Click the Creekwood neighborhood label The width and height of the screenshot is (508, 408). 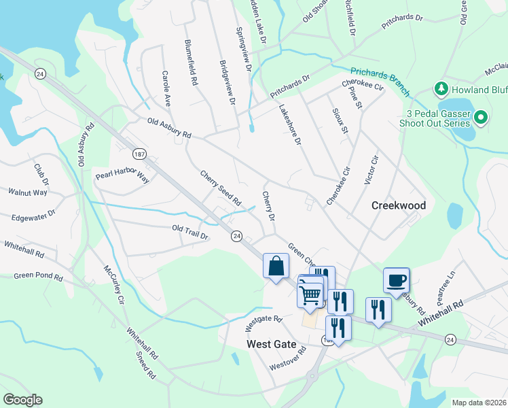point(399,205)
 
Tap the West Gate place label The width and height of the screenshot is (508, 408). point(272,344)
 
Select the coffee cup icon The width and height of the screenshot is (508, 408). point(396,279)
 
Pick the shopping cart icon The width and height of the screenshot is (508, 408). point(310,295)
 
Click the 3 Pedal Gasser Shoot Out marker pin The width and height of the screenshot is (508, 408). point(481,118)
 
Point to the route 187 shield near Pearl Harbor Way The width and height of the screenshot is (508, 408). point(139,154)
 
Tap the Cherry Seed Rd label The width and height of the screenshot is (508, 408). point(221,188)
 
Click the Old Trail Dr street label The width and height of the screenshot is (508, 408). point(190,232)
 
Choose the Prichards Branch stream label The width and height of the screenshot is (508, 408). point(380,80)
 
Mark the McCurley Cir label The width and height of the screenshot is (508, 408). point(114,285)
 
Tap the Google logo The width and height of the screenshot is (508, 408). point(22,400)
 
